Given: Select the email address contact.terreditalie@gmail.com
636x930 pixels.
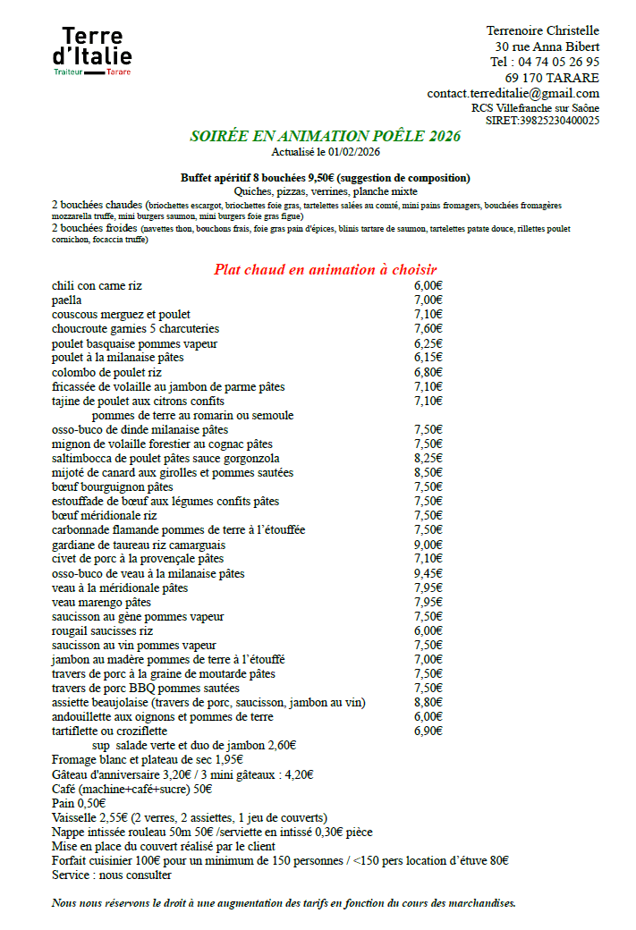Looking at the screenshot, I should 513,93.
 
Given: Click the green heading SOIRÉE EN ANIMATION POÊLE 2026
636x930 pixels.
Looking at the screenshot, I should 325,136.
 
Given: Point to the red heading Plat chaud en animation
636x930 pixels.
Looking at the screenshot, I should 325,269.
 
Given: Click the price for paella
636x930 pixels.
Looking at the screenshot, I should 428,300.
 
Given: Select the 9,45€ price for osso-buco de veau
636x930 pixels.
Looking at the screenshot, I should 428,573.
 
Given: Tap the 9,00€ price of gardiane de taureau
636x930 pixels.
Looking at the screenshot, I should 428,545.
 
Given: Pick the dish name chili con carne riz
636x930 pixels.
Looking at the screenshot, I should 97,285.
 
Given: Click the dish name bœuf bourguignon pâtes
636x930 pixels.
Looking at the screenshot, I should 113,486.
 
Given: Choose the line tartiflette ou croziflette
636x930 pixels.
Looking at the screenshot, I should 109,731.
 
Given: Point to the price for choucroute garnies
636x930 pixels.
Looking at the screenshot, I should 428,328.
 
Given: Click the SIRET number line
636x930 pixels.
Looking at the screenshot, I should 542,120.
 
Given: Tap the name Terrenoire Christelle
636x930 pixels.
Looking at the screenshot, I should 542,31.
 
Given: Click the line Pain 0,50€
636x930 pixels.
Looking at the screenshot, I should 74,803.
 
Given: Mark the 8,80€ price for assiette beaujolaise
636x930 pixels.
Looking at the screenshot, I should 428,702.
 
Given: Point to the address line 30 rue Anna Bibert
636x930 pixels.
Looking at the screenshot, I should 547,46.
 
